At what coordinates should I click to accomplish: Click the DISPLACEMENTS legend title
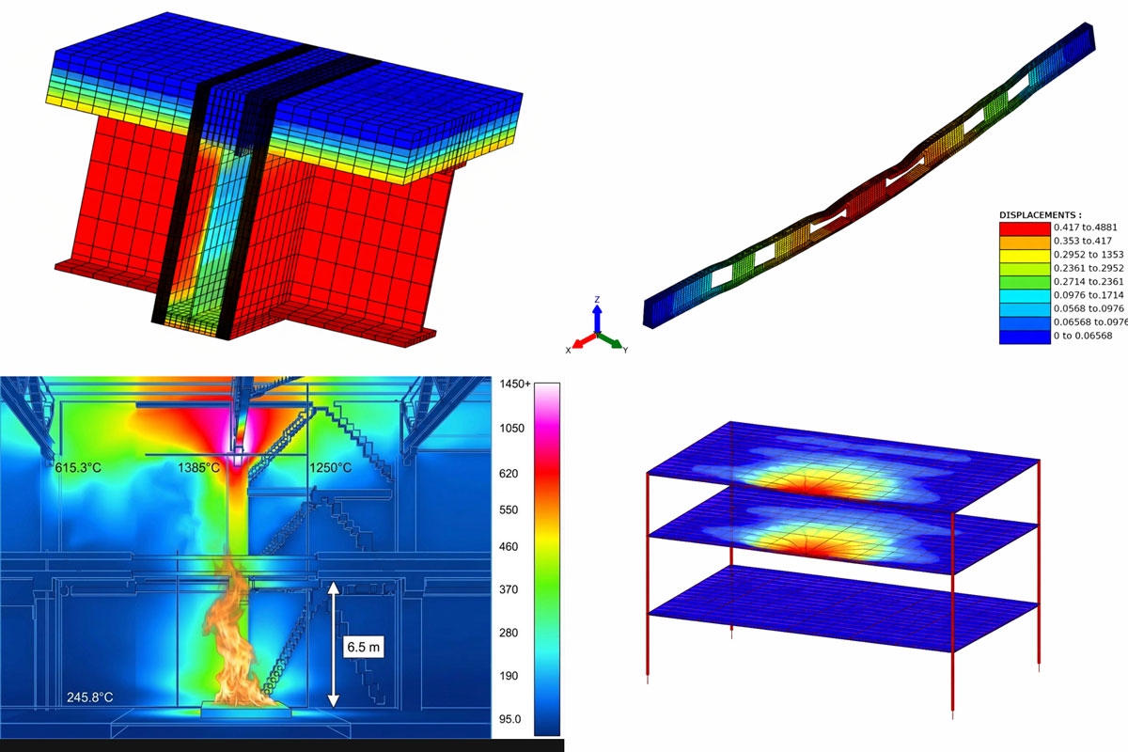(1041, 215)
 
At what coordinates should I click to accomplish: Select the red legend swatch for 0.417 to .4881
(1025, 228)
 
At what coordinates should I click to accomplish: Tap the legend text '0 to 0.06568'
(1083, 336)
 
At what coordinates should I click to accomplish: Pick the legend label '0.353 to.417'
(1083, 241)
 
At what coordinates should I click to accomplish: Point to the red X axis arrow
(584, 340)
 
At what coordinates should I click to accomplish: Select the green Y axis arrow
(610, 341)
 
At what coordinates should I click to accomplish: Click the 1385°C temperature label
(199, 468)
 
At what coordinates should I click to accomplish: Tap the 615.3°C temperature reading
(78, 468)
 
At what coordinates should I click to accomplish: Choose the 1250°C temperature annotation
(330, 468)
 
